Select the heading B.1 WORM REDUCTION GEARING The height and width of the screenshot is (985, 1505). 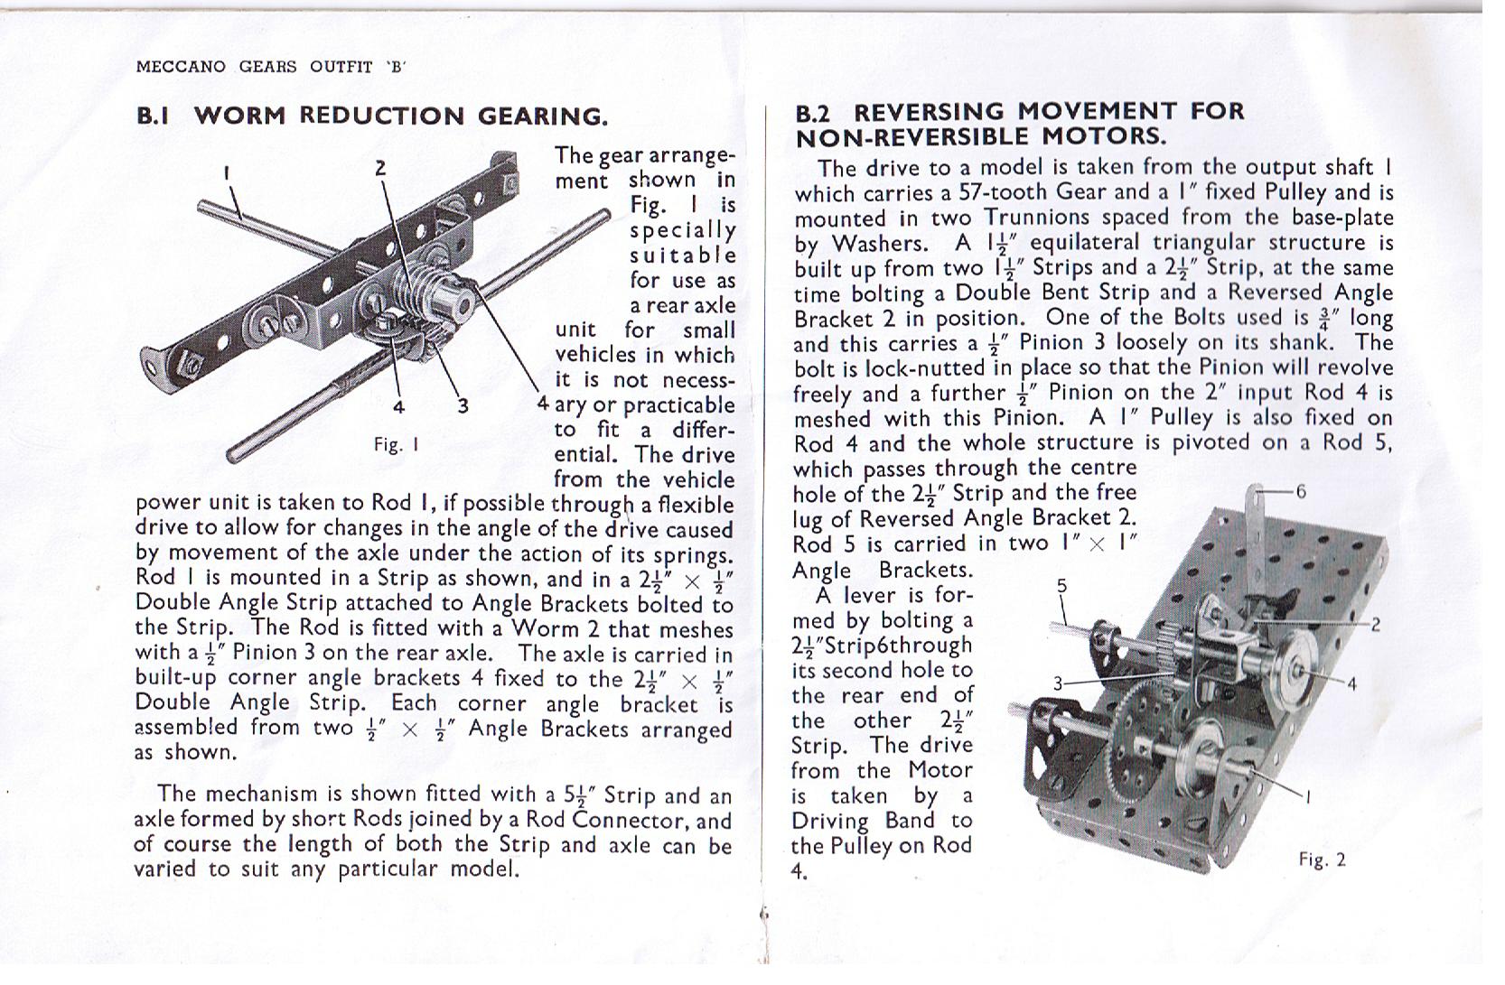click(x=371, y=116)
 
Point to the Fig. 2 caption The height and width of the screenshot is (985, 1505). click(x=1322, y=860)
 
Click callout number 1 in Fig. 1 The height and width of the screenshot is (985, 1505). click(x=227, y=171)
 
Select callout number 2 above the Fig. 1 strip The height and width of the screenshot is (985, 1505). click(x=380, y=168)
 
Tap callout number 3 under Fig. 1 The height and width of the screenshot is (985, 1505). click(x=462, y=405)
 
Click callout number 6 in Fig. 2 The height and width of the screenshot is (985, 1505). click(x=1300, y=492)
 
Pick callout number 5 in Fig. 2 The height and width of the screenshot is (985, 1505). click(x=1062, y=585)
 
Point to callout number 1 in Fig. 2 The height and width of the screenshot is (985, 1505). click(x=1307, y=795)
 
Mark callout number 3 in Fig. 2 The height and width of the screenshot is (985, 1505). click(x=1058, y=684)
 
